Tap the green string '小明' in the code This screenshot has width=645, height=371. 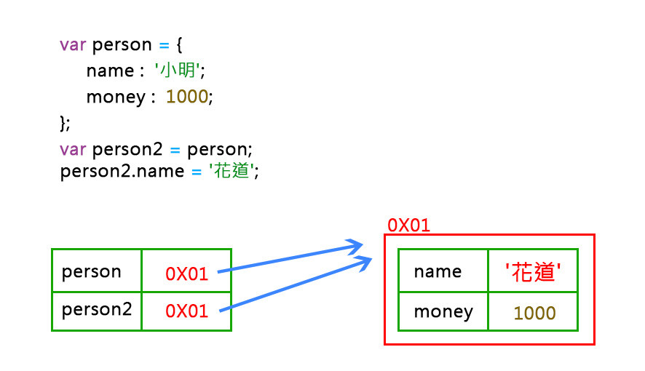(178, 71)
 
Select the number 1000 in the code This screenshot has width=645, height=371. (187, 97)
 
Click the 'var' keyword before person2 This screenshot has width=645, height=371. (73, 150)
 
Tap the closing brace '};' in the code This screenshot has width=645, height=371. (65, 122)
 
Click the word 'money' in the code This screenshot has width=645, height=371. (116, 97)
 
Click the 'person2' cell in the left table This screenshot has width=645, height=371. (97, 309)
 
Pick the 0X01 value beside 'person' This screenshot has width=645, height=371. (187, 274)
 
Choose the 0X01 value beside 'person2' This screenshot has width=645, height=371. (187, 311)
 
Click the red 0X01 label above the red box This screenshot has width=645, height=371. (408, 224)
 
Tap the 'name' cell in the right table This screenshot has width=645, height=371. (438, 271)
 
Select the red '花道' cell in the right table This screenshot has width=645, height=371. (533, 272)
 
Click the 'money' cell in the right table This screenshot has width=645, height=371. (443, 312)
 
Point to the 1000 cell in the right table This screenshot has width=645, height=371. (534, 313)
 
